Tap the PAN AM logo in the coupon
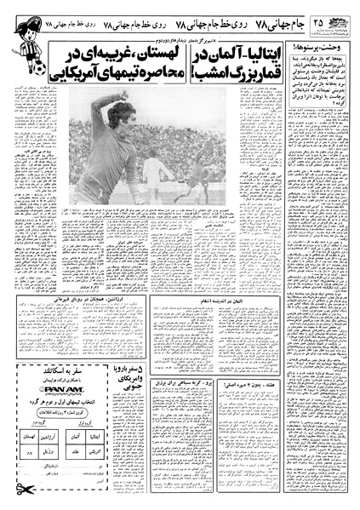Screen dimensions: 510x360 [62, 390]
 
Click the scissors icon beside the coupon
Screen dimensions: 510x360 [25, 489]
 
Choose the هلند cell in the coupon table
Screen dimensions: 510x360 [76, 452]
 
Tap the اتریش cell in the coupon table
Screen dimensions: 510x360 [94, 452]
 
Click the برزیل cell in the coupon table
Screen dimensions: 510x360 [49, 452]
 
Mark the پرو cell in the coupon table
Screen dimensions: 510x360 [29, 452]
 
